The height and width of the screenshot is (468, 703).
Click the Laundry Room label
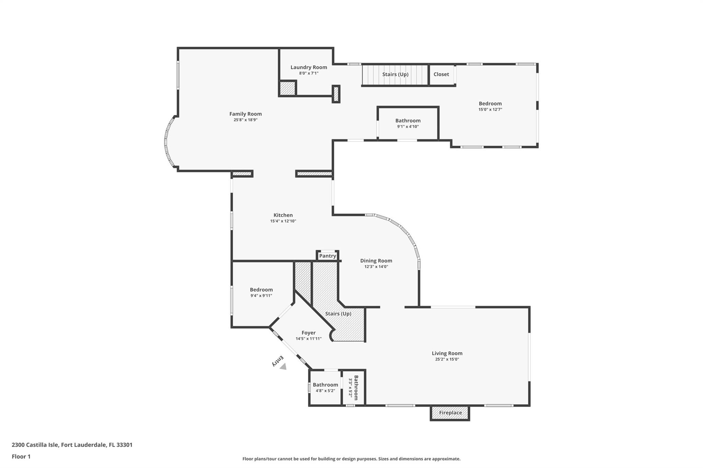point(309,67)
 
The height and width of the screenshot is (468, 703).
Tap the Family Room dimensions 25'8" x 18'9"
point(245,120)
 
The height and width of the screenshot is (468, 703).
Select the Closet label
point(441,74)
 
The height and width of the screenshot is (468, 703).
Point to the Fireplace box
point(450,413)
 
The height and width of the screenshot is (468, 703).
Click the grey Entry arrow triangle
point(283,367)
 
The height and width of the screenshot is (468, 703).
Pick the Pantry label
point(327,256)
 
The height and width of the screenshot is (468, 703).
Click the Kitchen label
point(283,215)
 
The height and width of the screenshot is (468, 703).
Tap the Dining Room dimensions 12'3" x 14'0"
point(376,267)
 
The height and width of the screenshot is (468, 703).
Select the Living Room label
point(447,353)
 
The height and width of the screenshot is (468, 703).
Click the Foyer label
point(308,333)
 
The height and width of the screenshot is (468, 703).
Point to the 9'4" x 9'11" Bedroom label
point(261,290)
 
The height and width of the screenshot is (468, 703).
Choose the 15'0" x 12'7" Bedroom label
point(490,104)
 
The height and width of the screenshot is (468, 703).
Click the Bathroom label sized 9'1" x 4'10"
point(408,121)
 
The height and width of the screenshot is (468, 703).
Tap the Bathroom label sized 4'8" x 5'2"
point(325,385)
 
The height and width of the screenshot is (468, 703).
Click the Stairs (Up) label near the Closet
point(395,74)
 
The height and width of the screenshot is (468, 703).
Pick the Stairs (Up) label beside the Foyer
point(338,314)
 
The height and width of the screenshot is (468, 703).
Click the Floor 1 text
point(21,456)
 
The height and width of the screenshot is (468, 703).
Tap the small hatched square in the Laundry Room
point(287,88)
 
